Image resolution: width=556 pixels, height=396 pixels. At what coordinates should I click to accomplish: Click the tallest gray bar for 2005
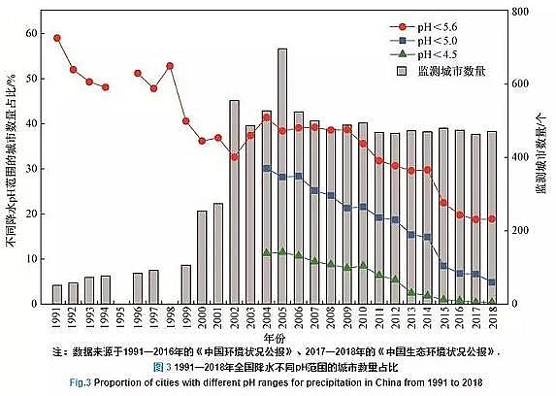pyautogui.click(x=281, y=175)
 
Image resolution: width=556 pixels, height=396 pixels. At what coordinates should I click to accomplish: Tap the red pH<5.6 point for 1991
pyautogui.click(x=57, y=38)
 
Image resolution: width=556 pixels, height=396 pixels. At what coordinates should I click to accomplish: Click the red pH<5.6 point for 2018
pyautogui.click(x=492, y=219)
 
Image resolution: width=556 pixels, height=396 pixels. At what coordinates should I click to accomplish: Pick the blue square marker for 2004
pyautogui.click(x=266, y=169)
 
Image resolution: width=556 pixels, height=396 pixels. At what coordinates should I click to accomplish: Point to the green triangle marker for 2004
pyautogui.click(x=266, y=252)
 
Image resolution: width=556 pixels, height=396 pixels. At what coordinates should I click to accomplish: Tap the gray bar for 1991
pyautogui.click(x=57, y=294)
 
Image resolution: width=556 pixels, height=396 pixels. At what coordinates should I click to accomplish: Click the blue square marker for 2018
pyautogui.click(x=492, y=282)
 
